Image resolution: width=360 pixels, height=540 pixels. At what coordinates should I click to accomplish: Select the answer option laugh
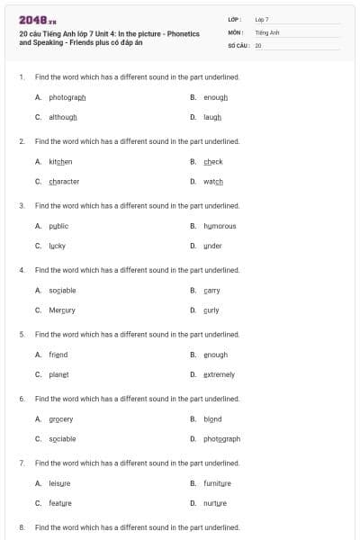click(x=212, y=117)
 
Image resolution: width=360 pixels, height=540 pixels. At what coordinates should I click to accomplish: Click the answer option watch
click(x=213, y=181)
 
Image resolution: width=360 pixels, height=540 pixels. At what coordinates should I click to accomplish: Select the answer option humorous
click(x=220, y=226)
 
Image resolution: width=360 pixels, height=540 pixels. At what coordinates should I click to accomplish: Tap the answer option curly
click(x=211, y=310)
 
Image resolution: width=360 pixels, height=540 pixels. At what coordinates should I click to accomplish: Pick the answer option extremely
click(x=219, y=374)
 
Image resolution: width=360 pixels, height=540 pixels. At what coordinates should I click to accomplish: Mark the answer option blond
click(x=212, y=418)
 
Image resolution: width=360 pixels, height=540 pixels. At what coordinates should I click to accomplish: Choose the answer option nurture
click(x=214, y=503)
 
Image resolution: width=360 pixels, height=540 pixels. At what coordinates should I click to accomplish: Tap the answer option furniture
click(x=218, y=483)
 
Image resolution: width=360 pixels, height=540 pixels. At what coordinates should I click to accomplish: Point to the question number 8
click(x=21, y=526)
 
